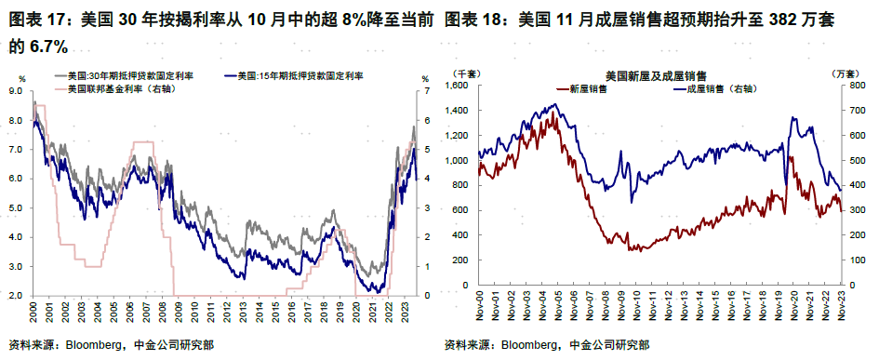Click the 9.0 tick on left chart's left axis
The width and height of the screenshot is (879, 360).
(15, 91)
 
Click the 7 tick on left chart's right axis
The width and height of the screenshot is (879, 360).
(426, 91)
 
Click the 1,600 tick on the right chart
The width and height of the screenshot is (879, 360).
(460, 86)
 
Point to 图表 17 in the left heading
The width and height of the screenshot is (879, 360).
(36, 18)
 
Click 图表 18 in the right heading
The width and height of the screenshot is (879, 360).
(475, 18)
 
